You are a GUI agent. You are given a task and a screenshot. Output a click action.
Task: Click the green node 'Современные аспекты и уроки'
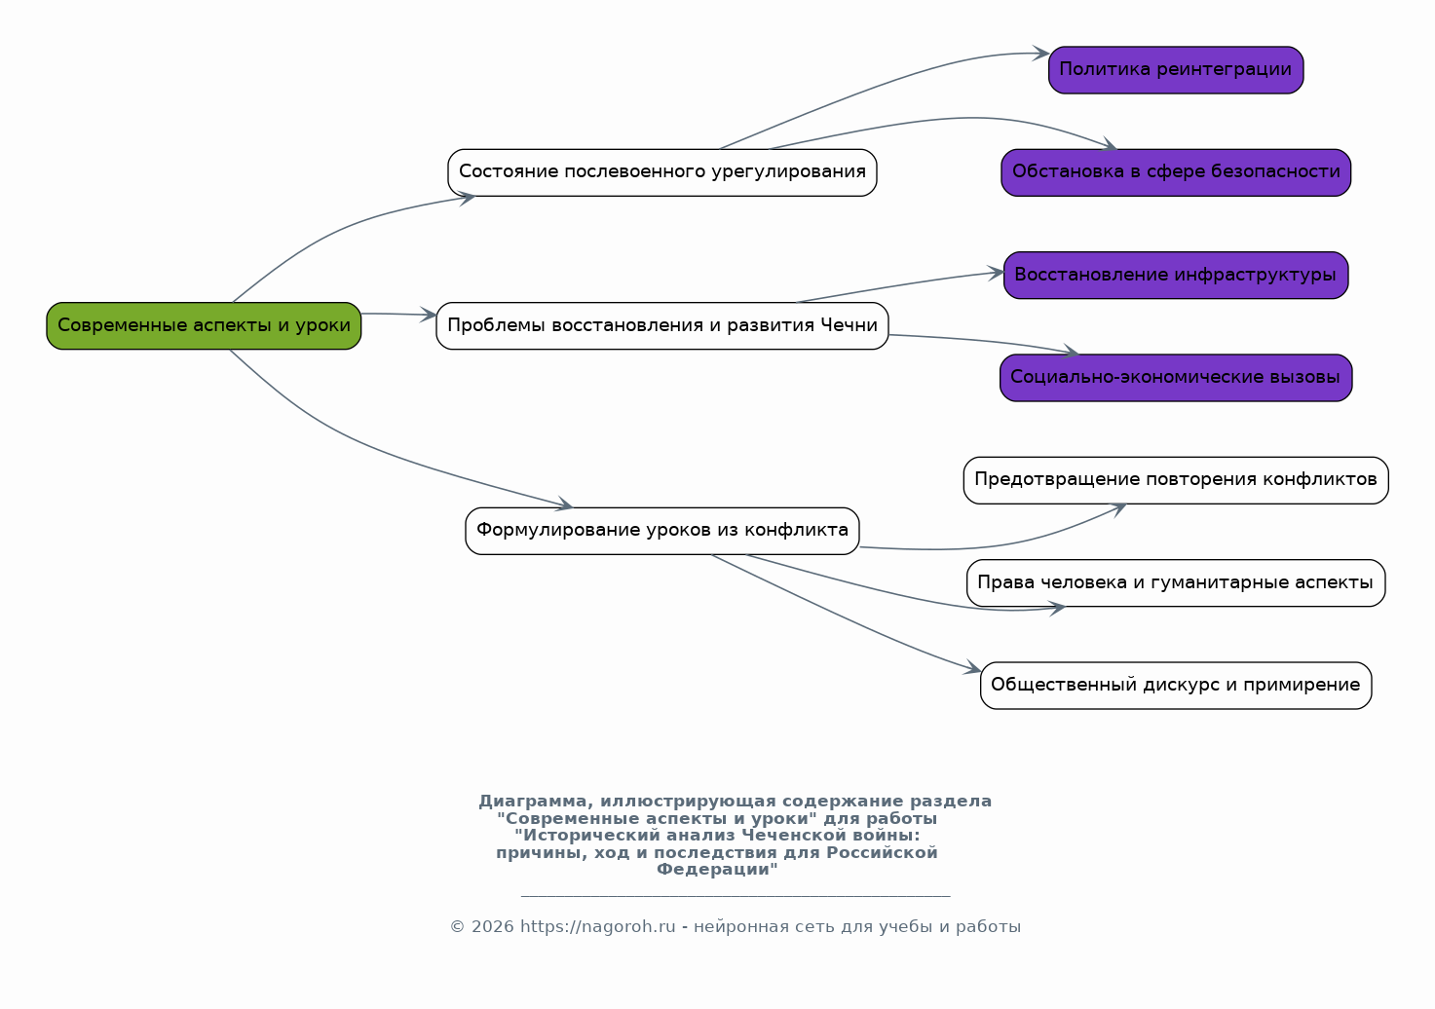204,325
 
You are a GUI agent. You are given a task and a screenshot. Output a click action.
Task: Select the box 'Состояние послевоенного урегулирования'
661,172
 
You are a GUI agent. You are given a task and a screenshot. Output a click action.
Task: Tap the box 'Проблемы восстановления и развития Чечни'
661,325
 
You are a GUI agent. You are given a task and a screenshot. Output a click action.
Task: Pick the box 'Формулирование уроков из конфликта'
661,531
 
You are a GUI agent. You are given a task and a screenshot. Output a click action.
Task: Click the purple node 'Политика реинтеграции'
1176,70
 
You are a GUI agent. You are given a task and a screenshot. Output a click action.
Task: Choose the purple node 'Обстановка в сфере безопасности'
1176,172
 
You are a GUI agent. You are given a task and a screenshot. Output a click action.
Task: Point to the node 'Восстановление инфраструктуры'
1176,275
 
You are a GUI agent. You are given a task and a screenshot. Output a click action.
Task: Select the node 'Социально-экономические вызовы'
1176,377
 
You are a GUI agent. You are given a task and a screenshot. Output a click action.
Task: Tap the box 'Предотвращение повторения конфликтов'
1176,480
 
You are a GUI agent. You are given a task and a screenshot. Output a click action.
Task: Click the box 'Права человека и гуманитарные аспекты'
1176,583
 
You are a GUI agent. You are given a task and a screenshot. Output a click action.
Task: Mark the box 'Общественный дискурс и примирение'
1176,686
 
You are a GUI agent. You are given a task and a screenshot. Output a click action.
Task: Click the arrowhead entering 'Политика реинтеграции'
1041,54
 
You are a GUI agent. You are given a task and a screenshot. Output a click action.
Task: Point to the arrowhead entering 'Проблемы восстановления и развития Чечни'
429,315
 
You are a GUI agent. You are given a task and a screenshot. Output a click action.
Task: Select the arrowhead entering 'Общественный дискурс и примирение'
973,667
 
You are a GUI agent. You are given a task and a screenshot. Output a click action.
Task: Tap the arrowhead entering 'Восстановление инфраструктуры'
996,273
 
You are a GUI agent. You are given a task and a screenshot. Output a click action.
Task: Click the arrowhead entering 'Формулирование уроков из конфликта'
564,504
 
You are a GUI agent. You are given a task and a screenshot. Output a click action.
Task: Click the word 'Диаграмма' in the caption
532,802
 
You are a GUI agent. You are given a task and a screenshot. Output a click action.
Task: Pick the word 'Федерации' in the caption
713,870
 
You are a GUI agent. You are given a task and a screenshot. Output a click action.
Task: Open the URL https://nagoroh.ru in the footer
598,927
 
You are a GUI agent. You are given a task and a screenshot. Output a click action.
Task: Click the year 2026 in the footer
493,927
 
